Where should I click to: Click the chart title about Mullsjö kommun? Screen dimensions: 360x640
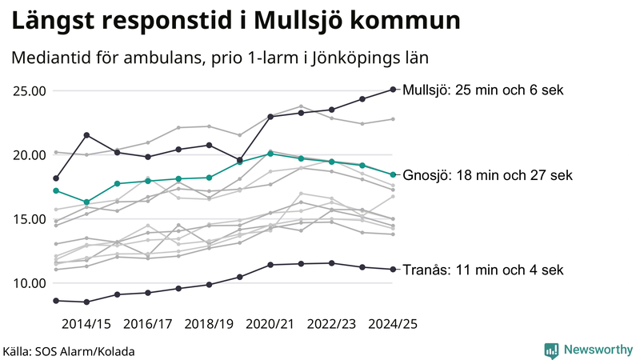[236, 21]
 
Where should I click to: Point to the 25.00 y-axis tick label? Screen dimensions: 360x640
[28, 90]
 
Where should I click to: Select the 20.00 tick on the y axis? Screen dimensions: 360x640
[28, 154]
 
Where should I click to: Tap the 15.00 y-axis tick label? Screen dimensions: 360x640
[28, 218]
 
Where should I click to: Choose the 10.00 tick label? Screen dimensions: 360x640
[28, 282]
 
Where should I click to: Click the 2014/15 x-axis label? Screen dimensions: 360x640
[86, 324]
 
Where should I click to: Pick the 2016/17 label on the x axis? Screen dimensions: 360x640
[148, 324]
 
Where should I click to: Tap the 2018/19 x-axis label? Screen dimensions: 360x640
[209, 324]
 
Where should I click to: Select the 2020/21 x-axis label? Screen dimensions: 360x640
[270, 324]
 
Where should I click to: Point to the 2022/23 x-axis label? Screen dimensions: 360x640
[331, 324]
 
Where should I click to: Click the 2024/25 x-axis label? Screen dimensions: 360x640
[392, 324]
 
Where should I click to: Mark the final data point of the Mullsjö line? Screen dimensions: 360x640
[393, 90]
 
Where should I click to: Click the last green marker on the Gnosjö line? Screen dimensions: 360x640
[393, 174]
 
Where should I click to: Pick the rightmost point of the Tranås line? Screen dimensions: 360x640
[393, 270]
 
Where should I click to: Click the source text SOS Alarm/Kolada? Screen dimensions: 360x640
[69, 351]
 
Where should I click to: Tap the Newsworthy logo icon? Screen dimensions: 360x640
[551, 350]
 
